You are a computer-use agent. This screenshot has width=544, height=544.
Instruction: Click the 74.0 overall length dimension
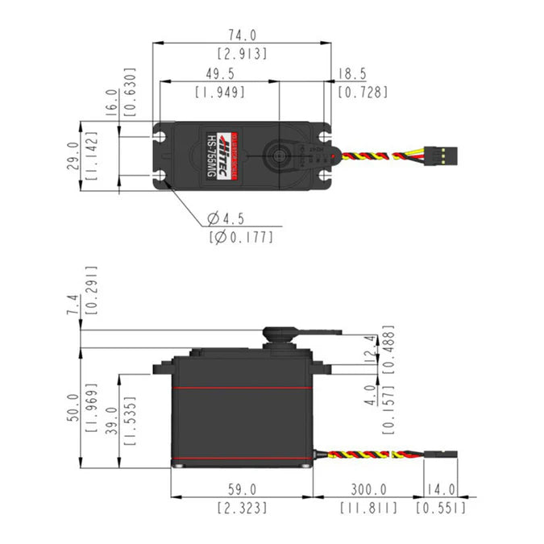point(243,35)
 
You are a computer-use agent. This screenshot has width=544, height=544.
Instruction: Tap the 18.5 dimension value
point(352,74)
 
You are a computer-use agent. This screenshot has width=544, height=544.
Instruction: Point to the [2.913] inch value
point(243,54)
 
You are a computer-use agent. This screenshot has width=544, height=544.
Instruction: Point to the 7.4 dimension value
point(72,306)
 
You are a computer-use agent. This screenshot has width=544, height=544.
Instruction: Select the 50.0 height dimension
point(72,406)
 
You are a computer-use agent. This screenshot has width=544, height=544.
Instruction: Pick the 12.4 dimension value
point(371,350)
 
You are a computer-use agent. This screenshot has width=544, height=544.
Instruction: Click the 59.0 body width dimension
point(243,489)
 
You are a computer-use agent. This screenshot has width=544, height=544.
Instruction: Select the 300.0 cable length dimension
point(368,489)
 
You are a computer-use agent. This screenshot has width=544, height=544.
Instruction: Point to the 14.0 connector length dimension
point(440,489)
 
